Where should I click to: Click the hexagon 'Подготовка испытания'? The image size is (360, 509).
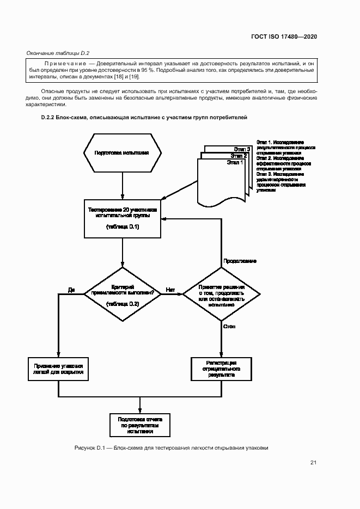(122, 153)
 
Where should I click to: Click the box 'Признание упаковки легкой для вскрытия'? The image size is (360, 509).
(58, 369)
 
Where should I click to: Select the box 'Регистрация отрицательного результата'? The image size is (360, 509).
(221, 369)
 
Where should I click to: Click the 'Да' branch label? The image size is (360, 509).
(71, 289)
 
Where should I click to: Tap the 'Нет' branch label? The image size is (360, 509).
(170, 289)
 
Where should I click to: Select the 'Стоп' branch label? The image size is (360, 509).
(229, 326)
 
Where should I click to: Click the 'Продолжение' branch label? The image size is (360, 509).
(240, 261)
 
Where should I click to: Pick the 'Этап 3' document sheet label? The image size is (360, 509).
(242, 149)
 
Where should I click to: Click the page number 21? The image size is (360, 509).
(313, 463)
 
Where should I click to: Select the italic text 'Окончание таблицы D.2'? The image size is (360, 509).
(58, 53)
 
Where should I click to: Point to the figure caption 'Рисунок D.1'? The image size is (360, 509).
(89, 448)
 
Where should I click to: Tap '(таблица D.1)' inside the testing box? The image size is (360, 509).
(122, 227)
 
